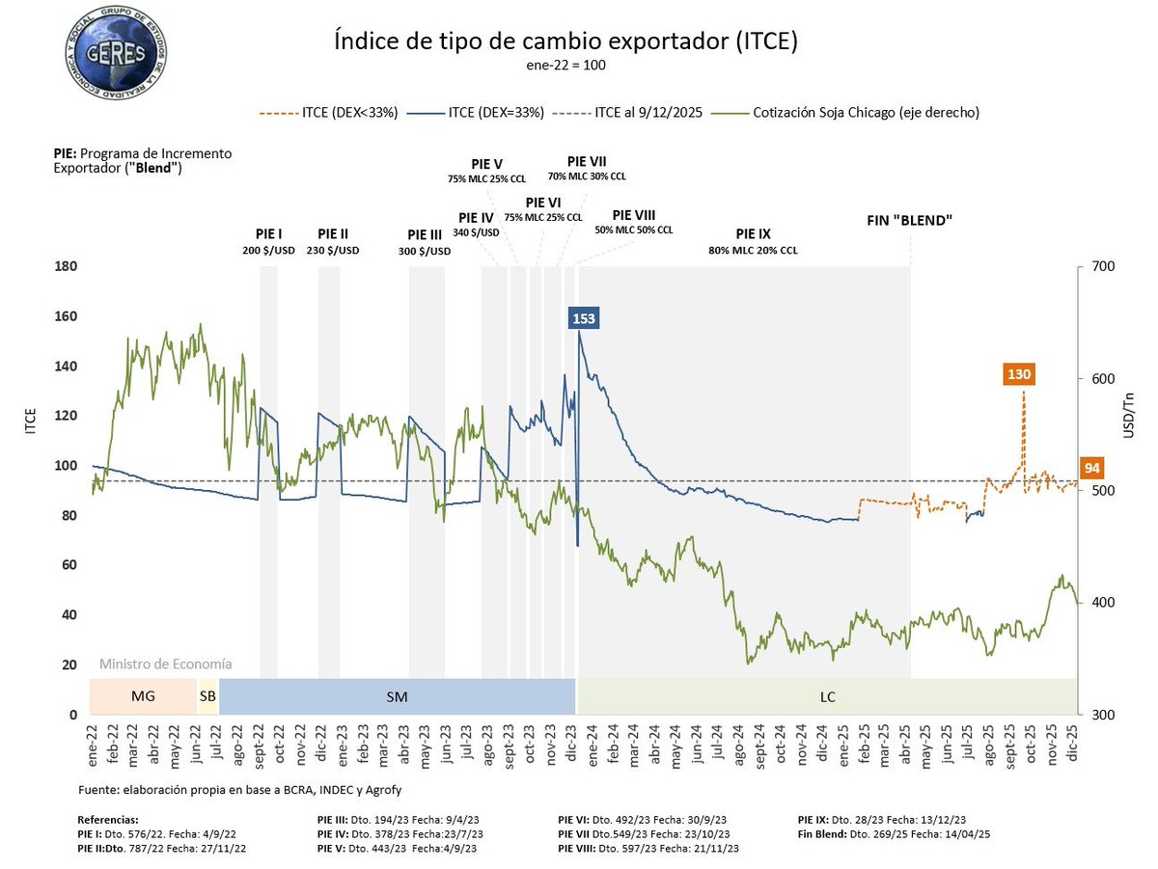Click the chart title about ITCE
565,42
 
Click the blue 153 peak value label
584,319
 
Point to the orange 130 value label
1019,374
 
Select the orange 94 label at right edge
1092,468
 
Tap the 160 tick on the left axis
67,316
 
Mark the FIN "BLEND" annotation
909,220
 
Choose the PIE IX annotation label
752,233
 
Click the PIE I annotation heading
268,233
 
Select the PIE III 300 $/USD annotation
425,242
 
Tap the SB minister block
207,695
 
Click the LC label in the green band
827,695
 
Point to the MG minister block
143,695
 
